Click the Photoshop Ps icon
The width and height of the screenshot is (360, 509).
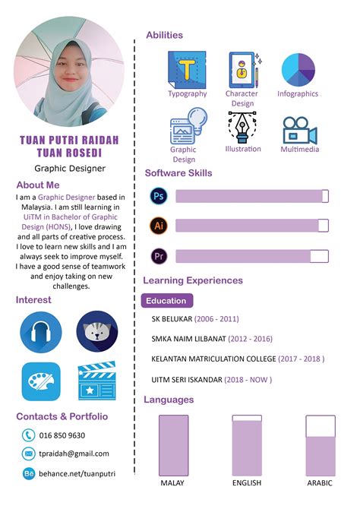[159, 196]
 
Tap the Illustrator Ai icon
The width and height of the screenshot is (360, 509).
[159, 226]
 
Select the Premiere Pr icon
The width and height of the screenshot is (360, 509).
[159, 255]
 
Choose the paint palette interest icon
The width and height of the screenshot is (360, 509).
[41, 381]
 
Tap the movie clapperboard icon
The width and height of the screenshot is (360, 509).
[96, 381]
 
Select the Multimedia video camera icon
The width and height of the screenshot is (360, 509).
[299, 130]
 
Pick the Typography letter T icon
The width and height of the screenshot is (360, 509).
[187, 70]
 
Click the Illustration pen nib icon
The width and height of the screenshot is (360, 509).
[242, 127]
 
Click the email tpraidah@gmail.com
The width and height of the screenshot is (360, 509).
[74, 454]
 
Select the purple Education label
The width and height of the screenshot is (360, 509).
[167, 301]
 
